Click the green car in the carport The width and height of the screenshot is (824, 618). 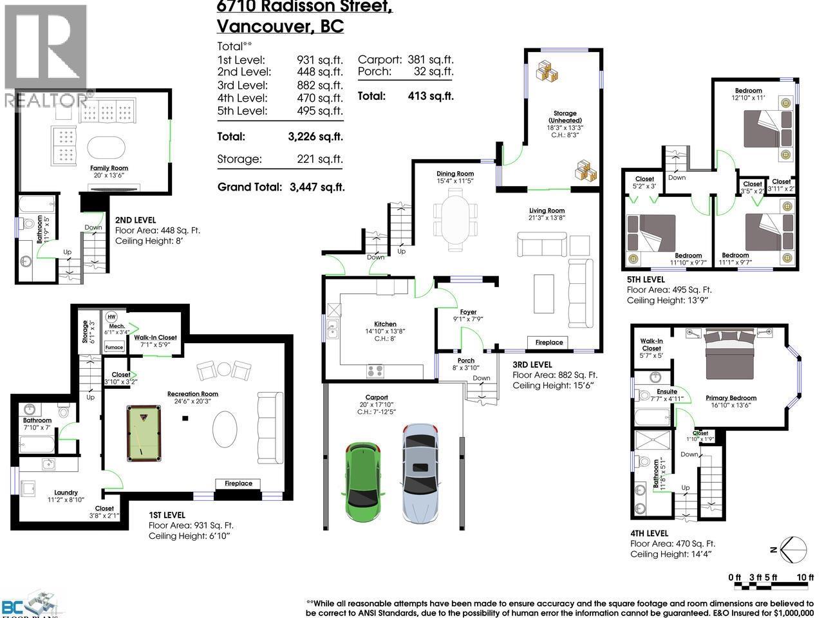point(364,476)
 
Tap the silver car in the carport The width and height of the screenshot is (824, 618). point(419,472)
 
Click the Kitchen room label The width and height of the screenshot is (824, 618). point(385,324)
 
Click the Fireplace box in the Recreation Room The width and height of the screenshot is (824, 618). point(238,483)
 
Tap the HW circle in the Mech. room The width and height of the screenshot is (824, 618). point(111,317)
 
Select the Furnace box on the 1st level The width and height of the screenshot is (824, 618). point(114,347)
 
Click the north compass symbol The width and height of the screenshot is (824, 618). point(792,550)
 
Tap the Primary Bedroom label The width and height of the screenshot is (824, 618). point(731,398)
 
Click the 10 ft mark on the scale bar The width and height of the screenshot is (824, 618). point(805,577)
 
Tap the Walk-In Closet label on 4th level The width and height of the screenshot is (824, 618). point(651,344)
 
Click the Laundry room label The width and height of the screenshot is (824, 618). point(66,493)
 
